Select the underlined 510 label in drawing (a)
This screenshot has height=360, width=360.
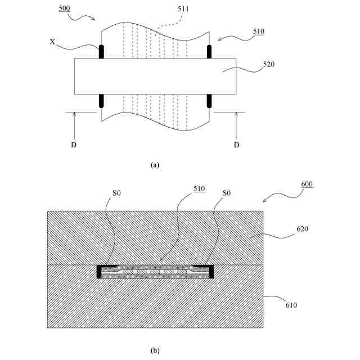coord(258,31)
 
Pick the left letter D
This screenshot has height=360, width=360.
coord(74,145)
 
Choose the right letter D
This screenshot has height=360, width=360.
coord(236,145)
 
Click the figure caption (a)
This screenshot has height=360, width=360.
coord(155,165)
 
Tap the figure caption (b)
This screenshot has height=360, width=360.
coord(155,350)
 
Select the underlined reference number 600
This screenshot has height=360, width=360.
coord(307,184)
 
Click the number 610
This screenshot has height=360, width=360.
coord(290,305)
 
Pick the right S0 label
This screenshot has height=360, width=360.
coord(226,193)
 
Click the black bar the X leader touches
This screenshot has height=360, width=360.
coord(102,52)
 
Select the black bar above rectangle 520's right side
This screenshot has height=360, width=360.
coord(209,52)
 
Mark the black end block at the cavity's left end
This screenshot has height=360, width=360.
coord(100,272)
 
